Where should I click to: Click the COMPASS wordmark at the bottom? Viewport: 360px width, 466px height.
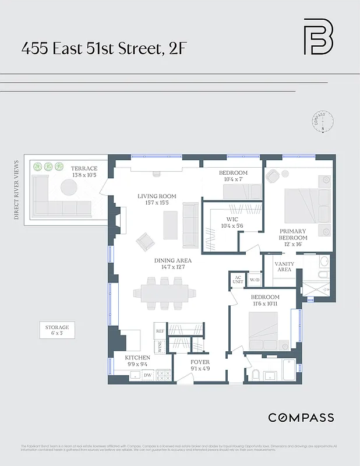point(301,417)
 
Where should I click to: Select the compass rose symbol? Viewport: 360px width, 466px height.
point(322,123)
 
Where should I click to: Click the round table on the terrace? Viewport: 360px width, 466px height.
point(69,187)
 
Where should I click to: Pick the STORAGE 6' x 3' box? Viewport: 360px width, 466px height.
point(57,330)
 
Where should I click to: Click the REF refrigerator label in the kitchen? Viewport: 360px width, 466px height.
point(160,330)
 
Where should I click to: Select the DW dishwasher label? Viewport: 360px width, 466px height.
point(148,376)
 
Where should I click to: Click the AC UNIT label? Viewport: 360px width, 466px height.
point(237,280)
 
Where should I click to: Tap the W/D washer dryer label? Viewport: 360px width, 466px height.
point(254,280)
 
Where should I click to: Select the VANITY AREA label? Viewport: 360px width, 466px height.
point(284,266)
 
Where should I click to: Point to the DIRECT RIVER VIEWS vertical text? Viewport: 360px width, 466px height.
point(17,189)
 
